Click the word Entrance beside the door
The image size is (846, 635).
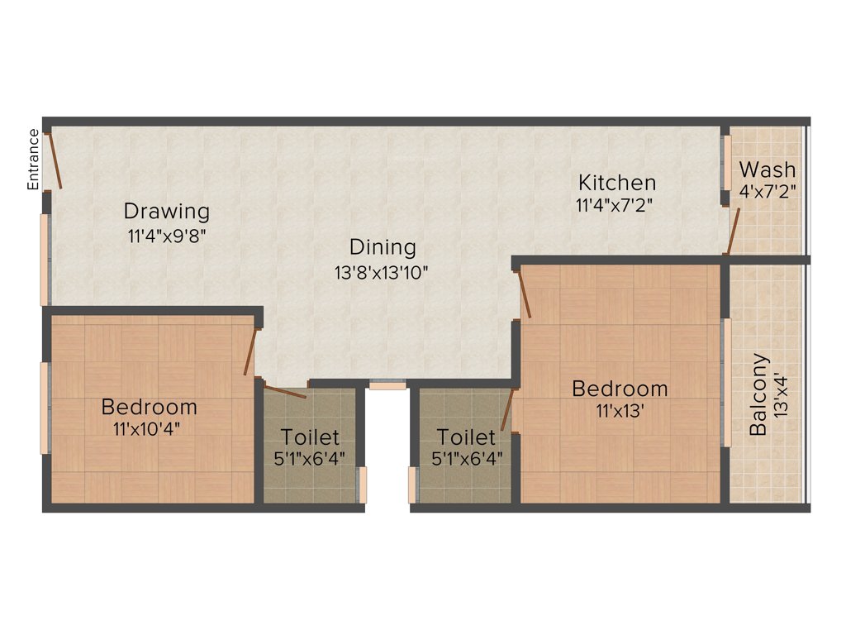click(34, 160)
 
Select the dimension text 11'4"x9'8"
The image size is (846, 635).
click(166, 235)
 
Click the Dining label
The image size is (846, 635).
click(382, 247)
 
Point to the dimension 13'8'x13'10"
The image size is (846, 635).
click(382, 272)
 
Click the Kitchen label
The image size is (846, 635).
click(616, 182)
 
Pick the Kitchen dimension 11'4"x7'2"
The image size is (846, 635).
click(615, 205)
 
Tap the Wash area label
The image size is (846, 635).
click(768, 169)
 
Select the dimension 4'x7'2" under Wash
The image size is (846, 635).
click(768, 192)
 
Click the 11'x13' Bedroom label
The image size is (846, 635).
click(620, 388)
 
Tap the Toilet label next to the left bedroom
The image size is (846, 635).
click(309, 437)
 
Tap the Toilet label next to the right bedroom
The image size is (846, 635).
click(466, 437)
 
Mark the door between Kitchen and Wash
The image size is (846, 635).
click(732, 232)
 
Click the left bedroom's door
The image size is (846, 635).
click(249, 352)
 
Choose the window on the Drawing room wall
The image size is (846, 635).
click(46, 260)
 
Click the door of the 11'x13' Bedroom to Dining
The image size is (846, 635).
click(524, 294)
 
